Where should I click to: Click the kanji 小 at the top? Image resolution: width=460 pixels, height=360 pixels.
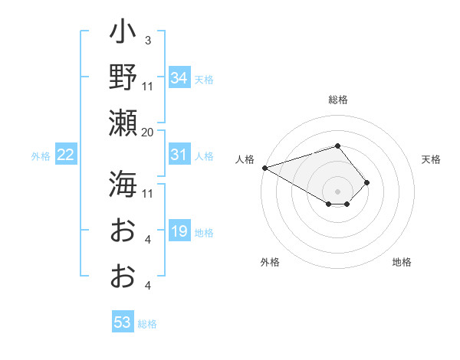click(x=123, y=34)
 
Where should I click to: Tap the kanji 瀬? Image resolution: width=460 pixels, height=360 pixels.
click(x=123, y=123)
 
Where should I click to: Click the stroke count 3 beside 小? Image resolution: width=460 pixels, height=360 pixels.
click(x=148, y=41)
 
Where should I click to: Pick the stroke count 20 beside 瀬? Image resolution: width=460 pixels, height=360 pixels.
click(x=147, y=132)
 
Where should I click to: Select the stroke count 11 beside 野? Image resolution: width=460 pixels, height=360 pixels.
click(x=148, y=86)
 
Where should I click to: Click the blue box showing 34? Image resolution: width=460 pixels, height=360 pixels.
click(x=179, y=78)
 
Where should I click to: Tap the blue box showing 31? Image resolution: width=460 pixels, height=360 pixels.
click(x=179, y=155)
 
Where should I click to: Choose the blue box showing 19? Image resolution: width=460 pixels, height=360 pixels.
click(x=179, y=231)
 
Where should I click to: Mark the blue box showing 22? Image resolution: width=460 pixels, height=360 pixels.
click(x=66, y=155)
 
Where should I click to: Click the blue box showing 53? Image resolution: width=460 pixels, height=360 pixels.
click(x=123, y=322)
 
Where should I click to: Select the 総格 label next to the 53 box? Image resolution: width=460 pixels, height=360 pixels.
click(x=147, y=324)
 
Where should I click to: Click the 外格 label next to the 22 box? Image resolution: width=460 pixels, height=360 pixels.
click(x=41, y=156)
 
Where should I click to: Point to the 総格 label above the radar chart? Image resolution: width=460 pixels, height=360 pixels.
click(x=337, y=100)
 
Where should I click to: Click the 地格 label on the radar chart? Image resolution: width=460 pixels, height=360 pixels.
click(x=402, y=262)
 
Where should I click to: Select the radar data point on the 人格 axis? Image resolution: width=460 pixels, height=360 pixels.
click(x=264, y=168)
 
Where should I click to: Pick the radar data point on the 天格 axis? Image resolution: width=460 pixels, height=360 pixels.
click(x=367, y=182)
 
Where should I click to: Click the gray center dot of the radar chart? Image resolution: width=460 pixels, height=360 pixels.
click(x=337, y=190)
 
